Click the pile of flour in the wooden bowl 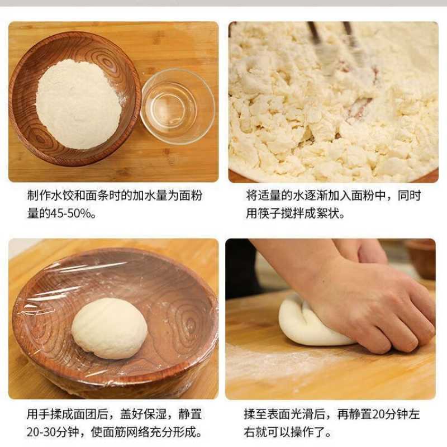tap(78, 104)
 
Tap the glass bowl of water tap(177, 106)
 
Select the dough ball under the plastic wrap tap(110, 328)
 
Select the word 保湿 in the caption tap(155, 415)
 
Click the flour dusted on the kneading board tap(285, 363)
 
